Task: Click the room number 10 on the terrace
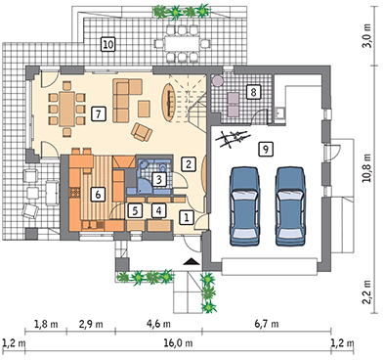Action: tap(108, 44)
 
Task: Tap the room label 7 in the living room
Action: tap(98, 113)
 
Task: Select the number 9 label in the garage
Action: tap(266, 150)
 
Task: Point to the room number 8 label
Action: tap(253, 92)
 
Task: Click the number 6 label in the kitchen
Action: tap(98, 195)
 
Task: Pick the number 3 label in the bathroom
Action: tap(159, 179)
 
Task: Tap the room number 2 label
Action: tap(189, 163)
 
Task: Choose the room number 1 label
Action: tap(187, 217)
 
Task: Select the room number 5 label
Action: tap(135, 210)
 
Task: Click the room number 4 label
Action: tap(158, 210)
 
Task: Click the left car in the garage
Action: tap(244, 206)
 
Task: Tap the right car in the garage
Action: tap(290, 206)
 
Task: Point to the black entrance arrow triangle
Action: tap(191, 261)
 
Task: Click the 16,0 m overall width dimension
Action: tap(179, 343)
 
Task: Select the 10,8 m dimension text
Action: tap(367, 168)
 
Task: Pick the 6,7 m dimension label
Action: tap(267, 324)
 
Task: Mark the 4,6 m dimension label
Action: tap(158, 324)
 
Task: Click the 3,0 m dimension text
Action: tap(367, 36)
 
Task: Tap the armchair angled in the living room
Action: tap(142, 132)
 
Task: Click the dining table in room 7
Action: tap(67, 109)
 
